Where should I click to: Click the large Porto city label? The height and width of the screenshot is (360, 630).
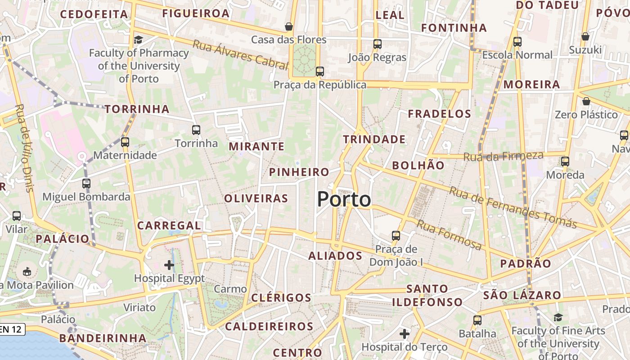tap(344, 199)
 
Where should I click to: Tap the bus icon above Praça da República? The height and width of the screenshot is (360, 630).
tap(319, 71)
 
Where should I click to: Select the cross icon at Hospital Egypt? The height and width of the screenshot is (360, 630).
tap(169, 265)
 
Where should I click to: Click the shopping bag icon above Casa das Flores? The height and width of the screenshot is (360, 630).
tap(289, 27)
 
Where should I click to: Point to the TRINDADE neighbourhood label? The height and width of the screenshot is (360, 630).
tap(374, 139)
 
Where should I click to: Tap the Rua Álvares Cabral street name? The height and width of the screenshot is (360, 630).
tap(240, 55)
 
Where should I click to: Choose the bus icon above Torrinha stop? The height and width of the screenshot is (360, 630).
tap(196, 130)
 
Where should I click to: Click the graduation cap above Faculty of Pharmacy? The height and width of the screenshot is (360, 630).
tap(138, 40)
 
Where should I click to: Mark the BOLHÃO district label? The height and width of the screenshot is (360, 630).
tap(418, 165)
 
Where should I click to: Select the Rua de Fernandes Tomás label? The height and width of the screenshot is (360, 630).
tap(513, 207)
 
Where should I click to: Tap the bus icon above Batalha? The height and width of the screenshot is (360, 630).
tap(477, 320)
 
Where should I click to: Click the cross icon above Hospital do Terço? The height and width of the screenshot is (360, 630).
tap(404, 334)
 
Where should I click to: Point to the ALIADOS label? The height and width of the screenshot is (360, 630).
tap(335, 256)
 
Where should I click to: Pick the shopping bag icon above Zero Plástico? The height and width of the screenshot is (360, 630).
tap(586, 101)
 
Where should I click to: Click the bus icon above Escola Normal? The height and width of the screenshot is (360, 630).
tap(517, 42)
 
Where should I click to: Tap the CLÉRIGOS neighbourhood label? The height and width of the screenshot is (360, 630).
tap(281, 297)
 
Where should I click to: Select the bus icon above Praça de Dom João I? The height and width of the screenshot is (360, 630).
tap(396, 235)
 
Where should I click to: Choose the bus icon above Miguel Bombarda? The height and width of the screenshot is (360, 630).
tap(86, 184)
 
